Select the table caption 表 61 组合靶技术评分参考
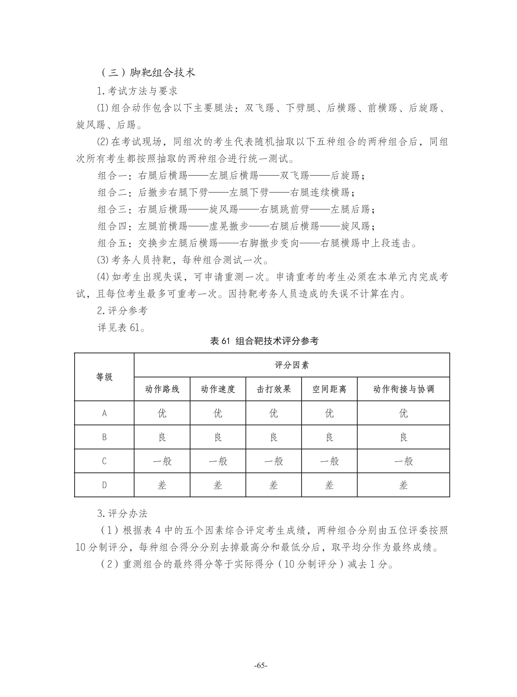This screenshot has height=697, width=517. tap(264, 341)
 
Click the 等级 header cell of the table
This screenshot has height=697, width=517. tap(104, 377)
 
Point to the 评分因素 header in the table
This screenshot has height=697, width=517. tap(292, 365)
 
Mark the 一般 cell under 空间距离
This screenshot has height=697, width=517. tap(329, 461)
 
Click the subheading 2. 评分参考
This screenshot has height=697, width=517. tap(122, 311)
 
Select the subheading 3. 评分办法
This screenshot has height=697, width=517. tap(122, 513)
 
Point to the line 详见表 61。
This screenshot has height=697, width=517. tap(121, 327)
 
